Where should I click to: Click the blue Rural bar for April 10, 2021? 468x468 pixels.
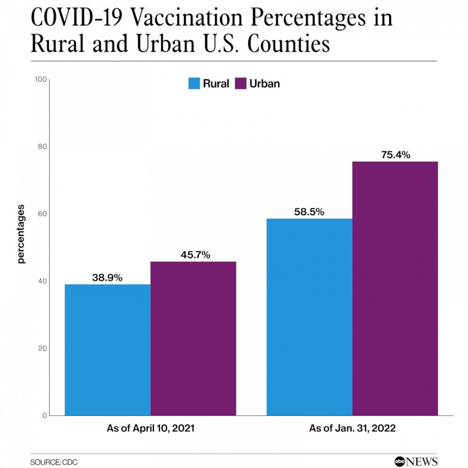(x=108, y=350)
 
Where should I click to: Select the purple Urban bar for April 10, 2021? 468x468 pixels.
(x=193, y=338)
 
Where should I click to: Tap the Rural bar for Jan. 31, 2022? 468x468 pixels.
(x=309, y=317)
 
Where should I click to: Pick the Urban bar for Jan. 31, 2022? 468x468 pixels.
(x=395, y=288)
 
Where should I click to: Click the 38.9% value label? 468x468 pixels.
(x=107, y=278)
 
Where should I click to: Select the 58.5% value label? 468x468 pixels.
(x=309, y=212)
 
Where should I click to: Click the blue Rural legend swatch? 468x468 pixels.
(x=194, y=84)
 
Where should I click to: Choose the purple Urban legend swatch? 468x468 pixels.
(x=241, y=84)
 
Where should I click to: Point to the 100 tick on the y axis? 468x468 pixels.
(x=41, y=79)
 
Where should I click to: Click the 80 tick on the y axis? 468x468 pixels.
(x=42, y=146)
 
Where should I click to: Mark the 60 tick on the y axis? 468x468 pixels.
(x=42, y=214)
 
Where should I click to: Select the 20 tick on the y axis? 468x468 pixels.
(x=42, y=348)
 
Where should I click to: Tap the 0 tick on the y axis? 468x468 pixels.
(x=44, y=415)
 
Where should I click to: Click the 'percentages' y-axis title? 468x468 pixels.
(x=21, y=234)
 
